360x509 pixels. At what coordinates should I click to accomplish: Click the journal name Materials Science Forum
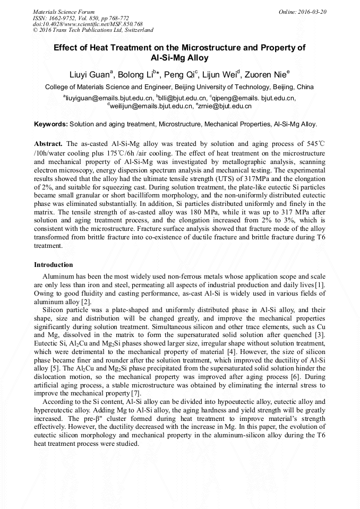pos(64,12)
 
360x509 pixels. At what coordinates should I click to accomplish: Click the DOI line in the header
pos(88,24)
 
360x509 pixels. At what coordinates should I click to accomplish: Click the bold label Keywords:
pos(51,124)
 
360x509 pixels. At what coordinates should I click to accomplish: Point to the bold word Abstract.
pos(48,144)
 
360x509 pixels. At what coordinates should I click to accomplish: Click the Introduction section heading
pos(54,265)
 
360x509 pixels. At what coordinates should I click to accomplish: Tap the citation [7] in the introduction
pos(136,393)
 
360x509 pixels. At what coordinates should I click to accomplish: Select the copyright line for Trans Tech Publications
pos(93,30)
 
